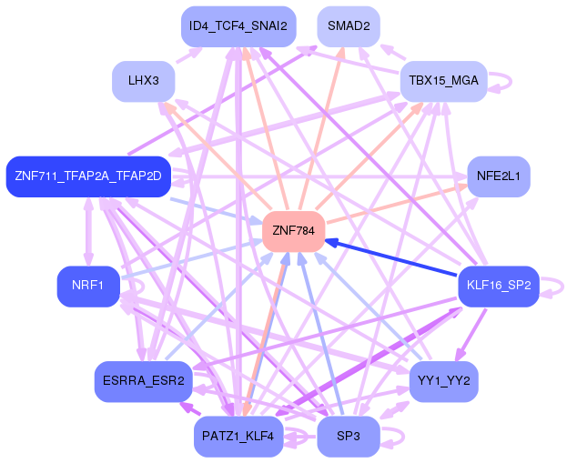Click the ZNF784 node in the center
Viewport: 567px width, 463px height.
tap(294, 231)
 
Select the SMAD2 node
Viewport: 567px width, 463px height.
tap(349, 26)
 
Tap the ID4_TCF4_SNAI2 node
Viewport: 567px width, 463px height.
tap(238, 26)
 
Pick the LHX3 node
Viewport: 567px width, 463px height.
tap(144, 81)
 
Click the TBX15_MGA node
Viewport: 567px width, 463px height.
tap(444, 81)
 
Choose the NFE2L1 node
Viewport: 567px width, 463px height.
tap(499, 176)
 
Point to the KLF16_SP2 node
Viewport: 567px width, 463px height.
tap(499, 287)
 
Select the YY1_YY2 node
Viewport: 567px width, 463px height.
tap(444, 381)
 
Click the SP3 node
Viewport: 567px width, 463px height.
tap(349, 437)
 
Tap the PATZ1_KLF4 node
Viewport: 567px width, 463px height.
tap(238, 437)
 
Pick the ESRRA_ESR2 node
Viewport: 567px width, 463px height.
tap(144, 381)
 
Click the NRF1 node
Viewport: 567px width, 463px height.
tap(88, 287)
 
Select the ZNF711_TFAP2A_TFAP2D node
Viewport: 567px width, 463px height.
tap(88, 176)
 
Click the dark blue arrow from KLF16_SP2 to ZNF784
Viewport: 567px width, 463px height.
tap(391, 258)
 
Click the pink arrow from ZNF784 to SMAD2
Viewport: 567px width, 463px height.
tap(321, 128)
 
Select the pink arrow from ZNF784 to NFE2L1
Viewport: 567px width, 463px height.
tap(397, 204)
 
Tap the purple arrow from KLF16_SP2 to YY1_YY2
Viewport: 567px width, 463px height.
tap(472, 334)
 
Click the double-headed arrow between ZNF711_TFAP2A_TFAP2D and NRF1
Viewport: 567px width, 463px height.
tap(88, 232)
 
